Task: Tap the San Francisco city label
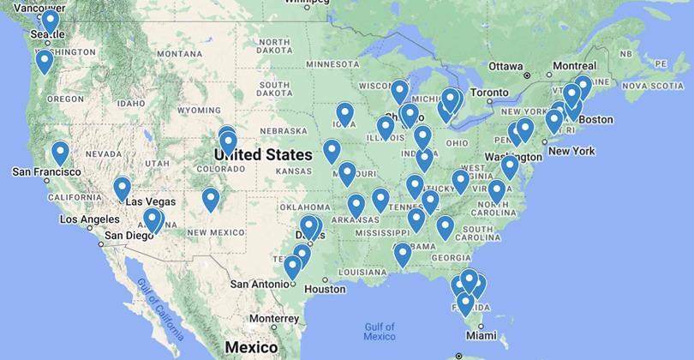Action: (46, 172)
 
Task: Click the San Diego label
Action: (129, 235)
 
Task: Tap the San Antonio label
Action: (262, 285)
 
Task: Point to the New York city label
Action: (571, 151)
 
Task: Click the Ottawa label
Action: (506, 66)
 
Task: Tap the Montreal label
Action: (575, 66)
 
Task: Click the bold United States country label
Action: (263, 155)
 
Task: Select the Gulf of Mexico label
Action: (379, 331)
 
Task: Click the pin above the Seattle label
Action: (51, 19)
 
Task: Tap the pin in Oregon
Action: (44, 61)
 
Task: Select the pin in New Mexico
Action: (211, 199)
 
